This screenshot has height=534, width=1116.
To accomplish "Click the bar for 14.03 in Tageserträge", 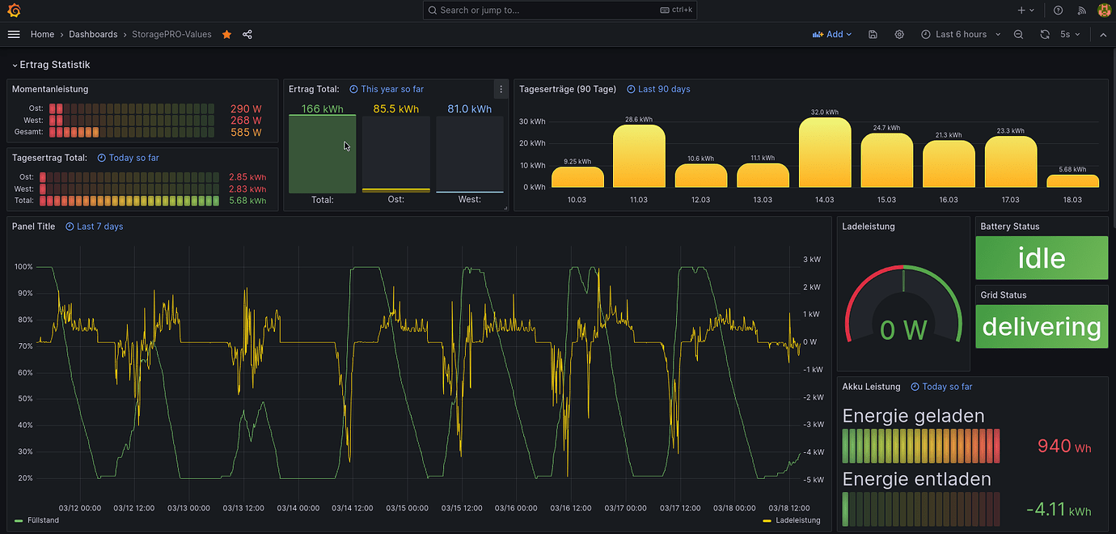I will click(824, 154).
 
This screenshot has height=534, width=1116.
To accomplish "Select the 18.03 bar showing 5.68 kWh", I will click(1072, 181).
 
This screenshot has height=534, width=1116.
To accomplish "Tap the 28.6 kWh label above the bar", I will click(638, 119).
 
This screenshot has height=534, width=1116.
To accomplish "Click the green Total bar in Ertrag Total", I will click(322, 155).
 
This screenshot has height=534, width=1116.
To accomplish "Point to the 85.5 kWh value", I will click(395, 109).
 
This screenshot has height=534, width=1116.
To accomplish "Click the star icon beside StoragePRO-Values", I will click(226, 35).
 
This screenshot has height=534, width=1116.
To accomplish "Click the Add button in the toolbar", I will click(832, 35).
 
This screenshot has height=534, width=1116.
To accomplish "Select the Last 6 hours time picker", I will click(961, 35).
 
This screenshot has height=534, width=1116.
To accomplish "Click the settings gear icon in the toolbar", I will click(899, 35).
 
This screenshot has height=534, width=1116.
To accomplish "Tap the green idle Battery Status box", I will click(1042, 258).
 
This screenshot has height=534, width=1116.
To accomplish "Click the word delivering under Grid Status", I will click(1042, 327).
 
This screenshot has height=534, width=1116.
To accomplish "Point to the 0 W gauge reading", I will click(903, 329).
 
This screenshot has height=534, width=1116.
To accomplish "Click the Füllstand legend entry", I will click(42, 520).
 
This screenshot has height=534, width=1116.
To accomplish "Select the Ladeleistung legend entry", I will click(797, 520).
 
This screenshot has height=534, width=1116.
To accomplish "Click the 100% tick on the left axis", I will click(23, 267).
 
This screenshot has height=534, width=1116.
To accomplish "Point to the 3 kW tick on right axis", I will click(811, 260).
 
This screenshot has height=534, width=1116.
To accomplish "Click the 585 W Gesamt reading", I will click(245, 132).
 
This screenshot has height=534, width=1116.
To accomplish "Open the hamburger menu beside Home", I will click(14, 35).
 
